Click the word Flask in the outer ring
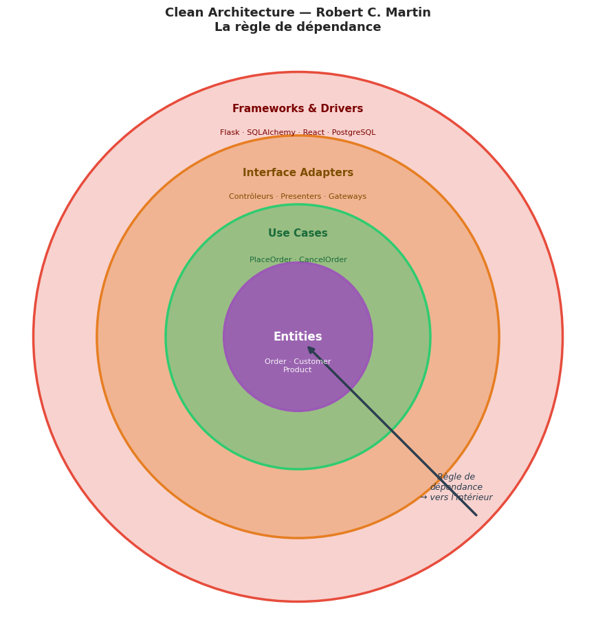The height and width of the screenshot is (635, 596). (x=230, y=133)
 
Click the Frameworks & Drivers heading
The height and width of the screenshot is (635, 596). (x=298, y=109)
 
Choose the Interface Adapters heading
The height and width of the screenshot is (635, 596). (x=298, y=173)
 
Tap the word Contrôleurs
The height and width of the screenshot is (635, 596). (x=251, y=197)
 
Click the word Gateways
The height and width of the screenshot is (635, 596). (x=347, y=197)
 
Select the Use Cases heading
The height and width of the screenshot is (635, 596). (x=298, y=233)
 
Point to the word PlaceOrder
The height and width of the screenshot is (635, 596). (x=270, y=260)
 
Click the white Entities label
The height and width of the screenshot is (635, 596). (x=298, y=337)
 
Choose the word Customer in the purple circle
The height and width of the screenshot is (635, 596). (x=312, y=362)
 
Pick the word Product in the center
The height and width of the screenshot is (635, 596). (x=298, y=370)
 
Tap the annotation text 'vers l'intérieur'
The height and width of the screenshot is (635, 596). (x=461, y=497)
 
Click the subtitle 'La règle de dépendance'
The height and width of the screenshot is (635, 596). (x=298, y=28)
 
